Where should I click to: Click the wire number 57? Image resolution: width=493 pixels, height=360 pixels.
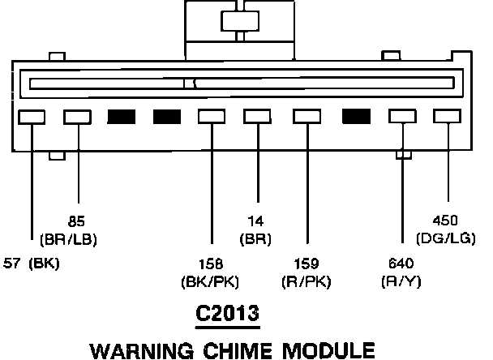(x=14, y=264)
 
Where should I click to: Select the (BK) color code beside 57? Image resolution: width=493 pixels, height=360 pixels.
(x=45, y=264)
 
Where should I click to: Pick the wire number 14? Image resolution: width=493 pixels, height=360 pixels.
(x=256, y=220)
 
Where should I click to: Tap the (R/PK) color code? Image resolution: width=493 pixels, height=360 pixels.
(x=306, y=281)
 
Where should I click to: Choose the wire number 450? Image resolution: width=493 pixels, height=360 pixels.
(x=444, y=220)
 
